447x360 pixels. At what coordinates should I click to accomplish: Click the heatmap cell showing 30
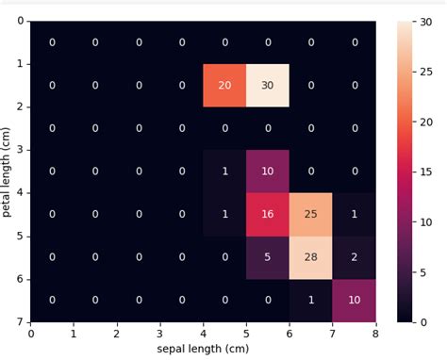(x=268, y=86)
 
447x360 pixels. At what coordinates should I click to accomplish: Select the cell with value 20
(x=224, y=86)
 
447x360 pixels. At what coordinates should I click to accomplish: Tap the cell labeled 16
(x=268, y=214)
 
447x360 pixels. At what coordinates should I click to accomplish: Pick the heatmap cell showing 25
(x=311, y=214)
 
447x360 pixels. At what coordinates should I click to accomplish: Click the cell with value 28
(x=311, y=256)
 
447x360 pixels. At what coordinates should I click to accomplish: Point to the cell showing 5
(x=268, y=256)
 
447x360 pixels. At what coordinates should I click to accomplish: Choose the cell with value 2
(x=355, y=256)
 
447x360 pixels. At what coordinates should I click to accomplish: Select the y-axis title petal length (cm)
(x=8, y=171)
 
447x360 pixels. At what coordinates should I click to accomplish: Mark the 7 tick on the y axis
(x=21, y=321)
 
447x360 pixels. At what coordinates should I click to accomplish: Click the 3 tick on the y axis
(x=21, y=149)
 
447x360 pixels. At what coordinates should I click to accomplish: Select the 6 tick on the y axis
(x=21, y=278)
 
